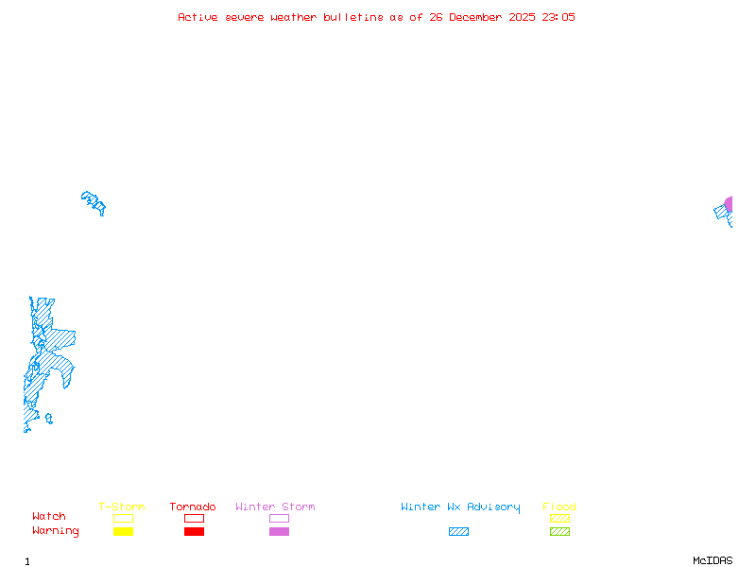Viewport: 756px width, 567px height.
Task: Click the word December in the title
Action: [x=475, y=17]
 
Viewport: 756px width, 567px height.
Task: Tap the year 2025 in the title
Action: [x=522, y=17]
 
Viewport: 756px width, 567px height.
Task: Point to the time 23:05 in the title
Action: [x=558, y=17]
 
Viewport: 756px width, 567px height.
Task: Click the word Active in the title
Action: [x=198, y=17]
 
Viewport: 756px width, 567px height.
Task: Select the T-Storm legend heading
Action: [x=122, y=507]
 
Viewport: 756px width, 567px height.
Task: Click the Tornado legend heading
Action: [x=193, y=507]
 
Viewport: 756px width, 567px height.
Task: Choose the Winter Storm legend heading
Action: [x=275, y=507]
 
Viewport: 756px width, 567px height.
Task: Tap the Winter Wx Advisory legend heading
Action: [x=460, y=507]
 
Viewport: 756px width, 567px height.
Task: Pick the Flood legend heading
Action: [x=559, y=507]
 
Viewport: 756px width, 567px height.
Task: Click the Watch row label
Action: [x=49, y=516]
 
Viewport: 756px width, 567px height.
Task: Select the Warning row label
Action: [x=56, y=531]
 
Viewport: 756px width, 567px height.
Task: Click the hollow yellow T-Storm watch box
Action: [x=124, y=518]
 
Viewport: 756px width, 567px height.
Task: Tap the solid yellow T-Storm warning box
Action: [x=124, y=531]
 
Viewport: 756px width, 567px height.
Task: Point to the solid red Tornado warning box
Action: [x=195, y=531]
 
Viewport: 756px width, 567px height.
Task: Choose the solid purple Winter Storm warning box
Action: [x=279, y=531]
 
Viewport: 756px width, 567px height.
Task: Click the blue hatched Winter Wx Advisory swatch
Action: [x=458, y=531]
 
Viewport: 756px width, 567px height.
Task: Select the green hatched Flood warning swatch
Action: [x=559, y=531]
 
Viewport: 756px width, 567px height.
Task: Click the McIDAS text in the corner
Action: [x=713, y=560]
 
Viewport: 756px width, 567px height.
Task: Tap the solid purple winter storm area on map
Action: [x=729, y=204]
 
